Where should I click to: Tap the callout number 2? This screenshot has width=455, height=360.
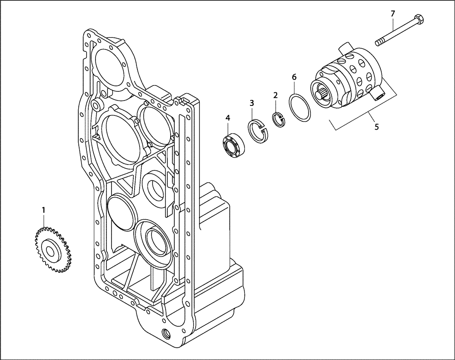click(275, 95)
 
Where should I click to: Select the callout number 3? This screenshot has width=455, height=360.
click(252, 103)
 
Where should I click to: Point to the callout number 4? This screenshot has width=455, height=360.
click(228, 118)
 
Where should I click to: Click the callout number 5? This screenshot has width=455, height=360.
click(376, 127)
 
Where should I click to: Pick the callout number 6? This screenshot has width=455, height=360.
click(294, 77)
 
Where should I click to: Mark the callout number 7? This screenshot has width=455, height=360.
click(393, 14)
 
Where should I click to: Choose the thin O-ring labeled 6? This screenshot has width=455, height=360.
click(301, 108)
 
